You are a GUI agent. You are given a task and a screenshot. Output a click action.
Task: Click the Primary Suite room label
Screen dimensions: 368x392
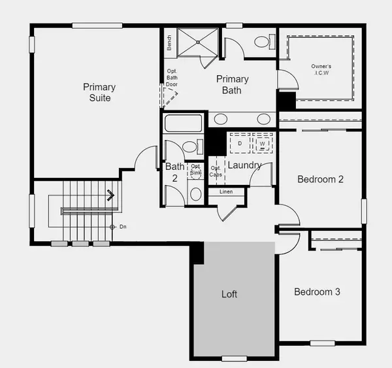click(x=99, y=92)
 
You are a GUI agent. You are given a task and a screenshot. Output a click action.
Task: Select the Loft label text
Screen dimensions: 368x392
click(x=229, y=294)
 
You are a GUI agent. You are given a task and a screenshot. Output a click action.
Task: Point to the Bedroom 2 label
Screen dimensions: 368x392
click(x=320, y=179)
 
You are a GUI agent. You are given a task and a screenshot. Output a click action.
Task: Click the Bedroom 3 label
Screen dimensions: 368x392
click(x=317, y=292)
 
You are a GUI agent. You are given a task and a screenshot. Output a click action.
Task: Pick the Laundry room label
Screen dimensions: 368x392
click(x=244, y=165)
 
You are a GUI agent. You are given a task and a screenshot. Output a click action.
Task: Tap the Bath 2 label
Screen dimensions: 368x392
click(x=174, y=172)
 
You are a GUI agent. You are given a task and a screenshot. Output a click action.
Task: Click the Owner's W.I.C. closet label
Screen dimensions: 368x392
click(x=321, y=70)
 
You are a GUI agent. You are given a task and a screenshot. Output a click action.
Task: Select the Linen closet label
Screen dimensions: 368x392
click(x=226, y=192)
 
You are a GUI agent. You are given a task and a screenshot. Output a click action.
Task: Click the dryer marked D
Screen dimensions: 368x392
click(x=240, y=143)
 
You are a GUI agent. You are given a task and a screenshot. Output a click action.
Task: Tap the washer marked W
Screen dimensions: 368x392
click(x=262, y=143)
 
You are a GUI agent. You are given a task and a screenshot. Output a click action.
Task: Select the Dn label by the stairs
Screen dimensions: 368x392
click(x=122, y=227)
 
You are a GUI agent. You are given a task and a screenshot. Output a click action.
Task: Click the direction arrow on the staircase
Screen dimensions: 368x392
click(x=111, y=194)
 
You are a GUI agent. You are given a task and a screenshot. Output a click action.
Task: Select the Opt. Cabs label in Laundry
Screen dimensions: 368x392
click(x=216, y=171)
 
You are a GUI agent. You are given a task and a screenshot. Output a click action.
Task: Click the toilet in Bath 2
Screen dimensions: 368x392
click(x=189, y=147)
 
